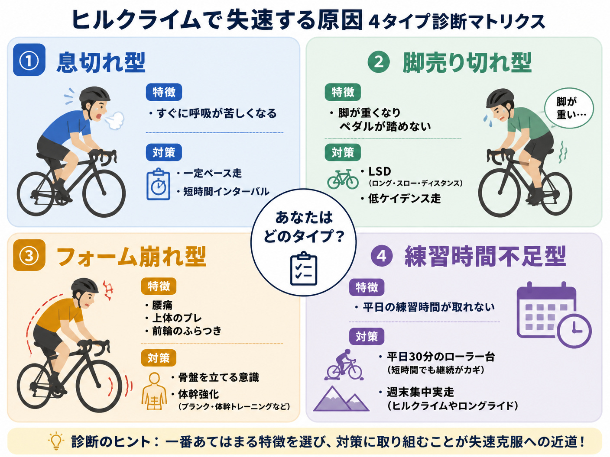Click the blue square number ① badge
[29, 60]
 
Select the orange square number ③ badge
[29, 255]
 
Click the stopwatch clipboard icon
[158, 184]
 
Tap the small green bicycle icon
[343, 180]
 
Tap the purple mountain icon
[341, 398]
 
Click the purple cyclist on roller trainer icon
[344, 364]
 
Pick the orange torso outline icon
[154, 392]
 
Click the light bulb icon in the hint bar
[56, 441]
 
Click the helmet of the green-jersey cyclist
[500, 98]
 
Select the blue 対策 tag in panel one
[164, 152]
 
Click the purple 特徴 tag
[367, 287]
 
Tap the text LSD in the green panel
[380, 171]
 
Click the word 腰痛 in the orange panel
[162, 305]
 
